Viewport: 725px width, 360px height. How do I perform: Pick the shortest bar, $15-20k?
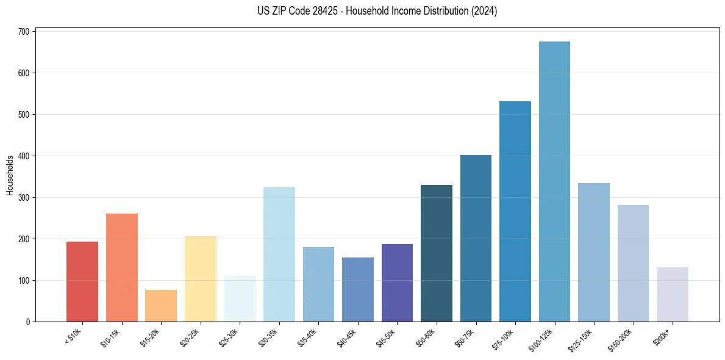tap(161, 306)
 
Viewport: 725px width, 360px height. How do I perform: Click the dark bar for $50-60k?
tap(437, 253)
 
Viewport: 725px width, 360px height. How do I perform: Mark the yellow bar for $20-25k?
tap(201, 279)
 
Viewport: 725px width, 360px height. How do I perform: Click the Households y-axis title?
tap(10, 176)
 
